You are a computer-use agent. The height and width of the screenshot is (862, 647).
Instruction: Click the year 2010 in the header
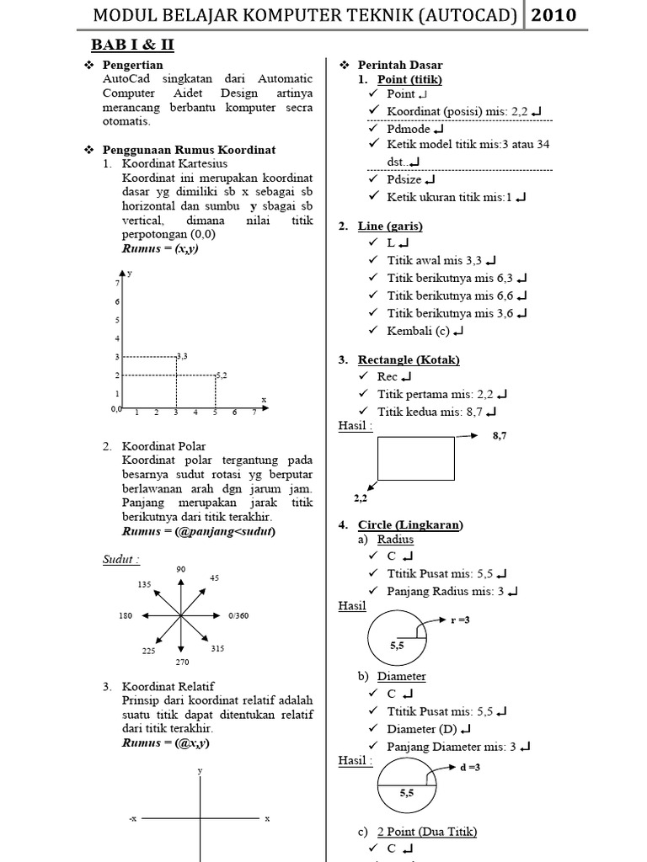(554, 15)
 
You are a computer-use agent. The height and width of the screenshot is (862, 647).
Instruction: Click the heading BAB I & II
(132, 45)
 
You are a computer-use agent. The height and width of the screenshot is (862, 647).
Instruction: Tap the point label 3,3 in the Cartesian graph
(180, 356)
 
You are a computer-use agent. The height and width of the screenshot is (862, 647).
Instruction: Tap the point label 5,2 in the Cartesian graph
(221, 375)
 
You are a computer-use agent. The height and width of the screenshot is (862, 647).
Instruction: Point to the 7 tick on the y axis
(117, 284)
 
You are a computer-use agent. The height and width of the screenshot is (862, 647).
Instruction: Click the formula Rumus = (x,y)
(160, 249)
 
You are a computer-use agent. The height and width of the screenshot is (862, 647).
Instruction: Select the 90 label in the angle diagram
(180, 570)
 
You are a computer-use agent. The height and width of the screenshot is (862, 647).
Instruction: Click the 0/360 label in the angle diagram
(239, 616)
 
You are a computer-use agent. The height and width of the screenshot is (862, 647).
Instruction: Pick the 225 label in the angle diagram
(148, 651)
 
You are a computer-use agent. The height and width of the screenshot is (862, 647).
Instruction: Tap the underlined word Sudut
(120, 560)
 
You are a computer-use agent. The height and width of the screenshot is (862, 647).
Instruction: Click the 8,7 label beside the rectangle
(500, 436)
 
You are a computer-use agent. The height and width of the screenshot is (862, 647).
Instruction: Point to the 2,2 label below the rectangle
(361, 498)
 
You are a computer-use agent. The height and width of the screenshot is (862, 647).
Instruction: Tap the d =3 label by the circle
(470, 767)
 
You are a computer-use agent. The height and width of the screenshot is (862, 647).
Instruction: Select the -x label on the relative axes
(132, 818)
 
